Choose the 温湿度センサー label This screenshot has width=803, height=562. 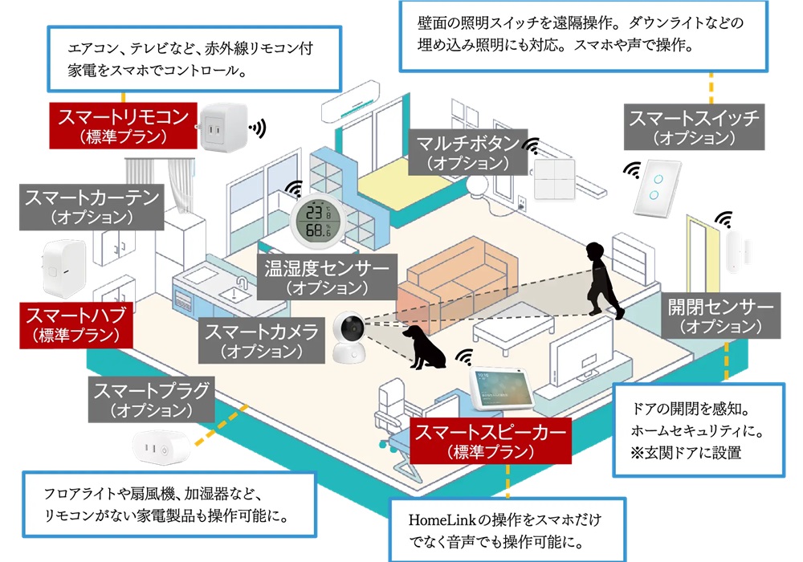327,275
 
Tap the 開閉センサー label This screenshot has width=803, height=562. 720,316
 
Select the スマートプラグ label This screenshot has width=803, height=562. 152,400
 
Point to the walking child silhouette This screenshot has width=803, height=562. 598,278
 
